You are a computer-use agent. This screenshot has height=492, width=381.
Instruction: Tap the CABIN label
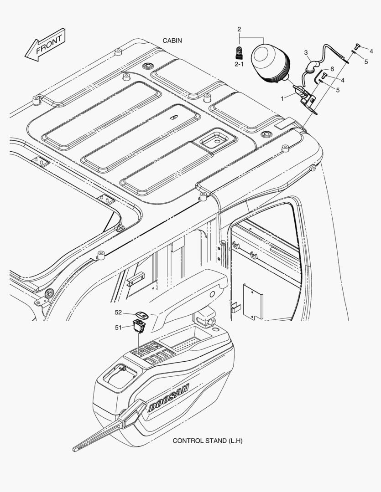click(172, 41)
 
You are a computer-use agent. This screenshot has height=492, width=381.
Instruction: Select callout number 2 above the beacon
click(239, 30)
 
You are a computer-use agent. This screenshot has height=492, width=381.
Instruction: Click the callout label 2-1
click(239, 65)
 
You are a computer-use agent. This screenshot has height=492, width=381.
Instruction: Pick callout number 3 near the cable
click(306, 52)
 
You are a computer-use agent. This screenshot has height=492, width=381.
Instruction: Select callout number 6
click(332, 69)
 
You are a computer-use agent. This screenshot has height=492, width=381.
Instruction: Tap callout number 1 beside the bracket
click(282, 98)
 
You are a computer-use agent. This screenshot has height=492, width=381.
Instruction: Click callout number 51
click(118, 327)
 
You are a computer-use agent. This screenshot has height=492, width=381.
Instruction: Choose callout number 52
click(118, 313)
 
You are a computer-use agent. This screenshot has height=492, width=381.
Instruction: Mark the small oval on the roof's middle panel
click(173, 117)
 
